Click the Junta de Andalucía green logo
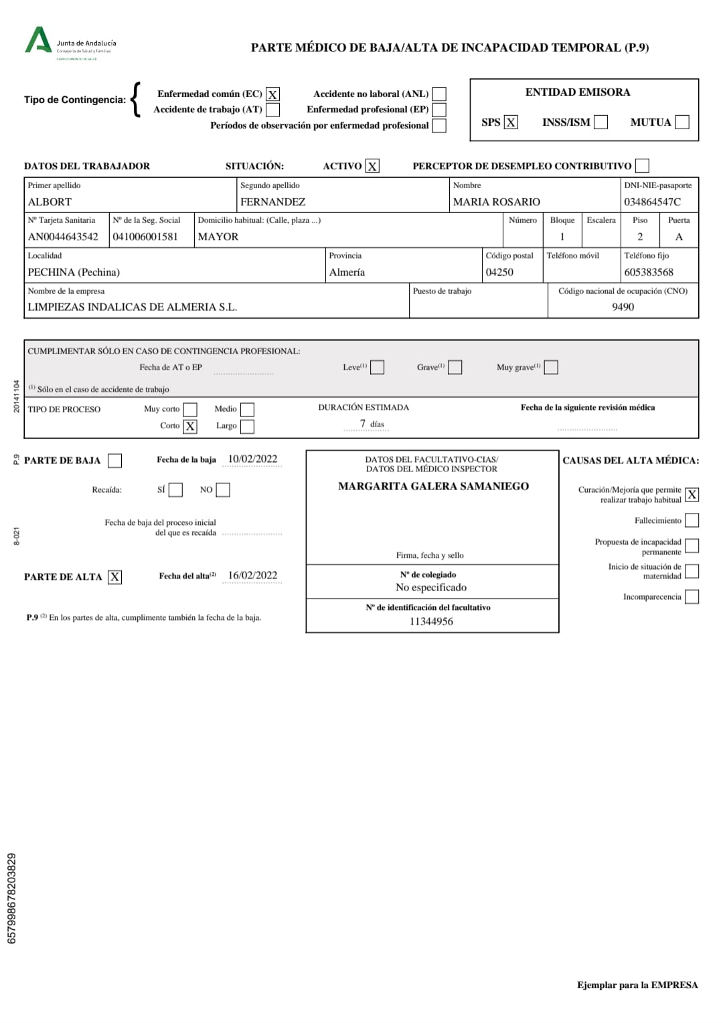(x=37, y=41)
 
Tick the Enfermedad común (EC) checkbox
(x=272, y=94)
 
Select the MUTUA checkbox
(x=682, y=122)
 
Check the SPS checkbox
(x=511, y=122)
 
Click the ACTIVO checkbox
(x=372, y=166)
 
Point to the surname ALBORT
(x=50, y=202)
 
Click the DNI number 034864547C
(x=652, y=202)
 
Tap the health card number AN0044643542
(x=63, y=237)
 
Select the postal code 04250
(x=499, y=272)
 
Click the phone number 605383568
(x=649, y=272)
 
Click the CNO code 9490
(x=623, y=307)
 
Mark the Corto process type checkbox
(x=190, y=426)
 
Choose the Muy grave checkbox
(x=551, y=367)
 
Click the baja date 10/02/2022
(x=252, y=459)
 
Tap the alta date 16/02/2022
(x=252, y=576)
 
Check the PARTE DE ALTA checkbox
(x=115, y=577)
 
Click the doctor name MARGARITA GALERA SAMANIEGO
(x=433, y=486)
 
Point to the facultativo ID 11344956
(x=431, y=621)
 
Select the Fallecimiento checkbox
(x=692, y=520)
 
